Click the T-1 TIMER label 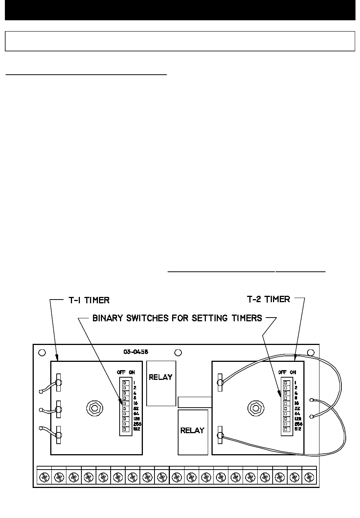point(86,300)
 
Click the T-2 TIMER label point(268,299)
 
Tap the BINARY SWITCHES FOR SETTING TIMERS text point(177,318)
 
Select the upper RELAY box point(161,383)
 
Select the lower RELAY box point(192,432)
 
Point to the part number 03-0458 point(135,352)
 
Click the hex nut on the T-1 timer point(93,407)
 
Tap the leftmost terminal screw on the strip point(44,477)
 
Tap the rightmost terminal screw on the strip point(309,477)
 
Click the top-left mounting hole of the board point(42,352)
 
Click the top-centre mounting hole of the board point(178,352)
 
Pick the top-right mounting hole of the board point(310,352)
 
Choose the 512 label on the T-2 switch point(298,429)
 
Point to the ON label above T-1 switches point(132,372)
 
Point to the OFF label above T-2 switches point(283,372)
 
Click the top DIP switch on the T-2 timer point(286,382)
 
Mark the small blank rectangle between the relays point(195,402)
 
